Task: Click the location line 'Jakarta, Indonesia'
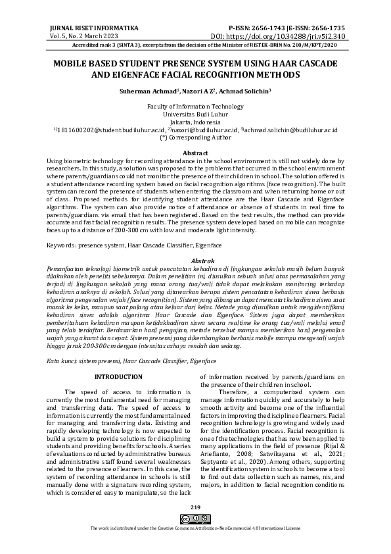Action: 195,122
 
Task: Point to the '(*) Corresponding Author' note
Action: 195,139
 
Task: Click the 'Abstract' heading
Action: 195,153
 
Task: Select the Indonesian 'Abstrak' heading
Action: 195,262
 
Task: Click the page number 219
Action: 195,525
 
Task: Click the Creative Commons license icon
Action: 195,538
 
